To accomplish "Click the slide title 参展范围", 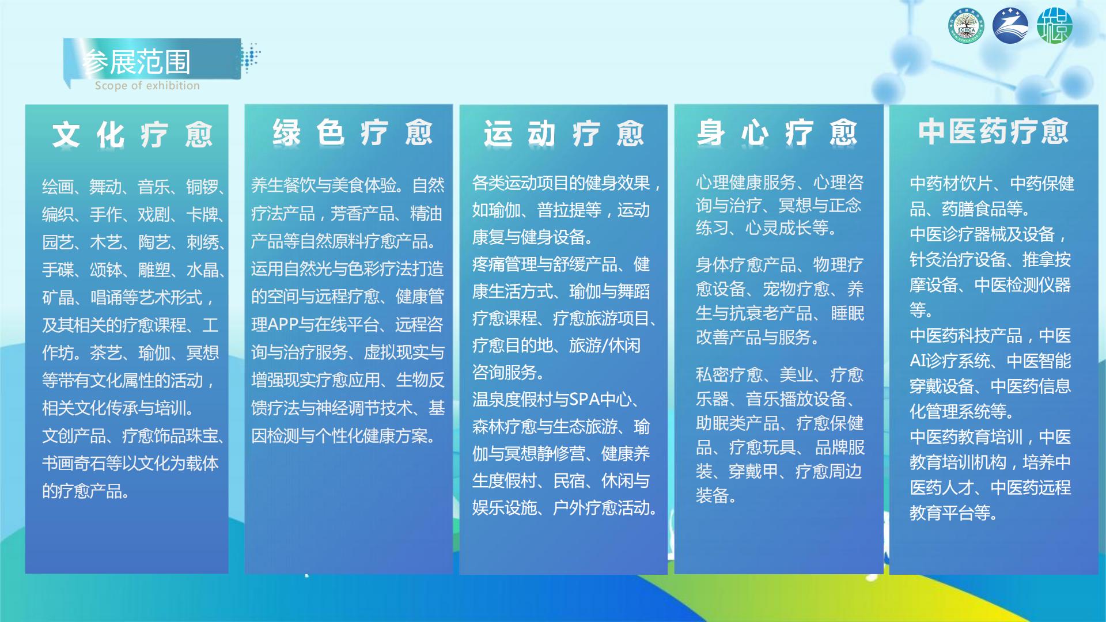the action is (x=136, y=62).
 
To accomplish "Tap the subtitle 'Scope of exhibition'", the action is (x=147, y=86).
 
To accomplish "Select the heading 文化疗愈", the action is (x=132, y=135).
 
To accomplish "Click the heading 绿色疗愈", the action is (x=352, y=132).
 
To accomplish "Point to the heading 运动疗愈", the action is (x=563, y=134).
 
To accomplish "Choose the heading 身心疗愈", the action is (x=777, y=133).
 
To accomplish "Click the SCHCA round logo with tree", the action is (x=966, y=26).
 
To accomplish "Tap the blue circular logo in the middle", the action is (x=1010, y=26).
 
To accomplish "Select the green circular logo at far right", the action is (x=1054, y=26).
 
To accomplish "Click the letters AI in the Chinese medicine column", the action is (x=918, y=361).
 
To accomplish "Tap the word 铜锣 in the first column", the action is (x=202, y=187).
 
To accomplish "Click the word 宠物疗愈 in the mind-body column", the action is (x=796, y=289).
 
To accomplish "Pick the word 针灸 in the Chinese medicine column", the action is (x=926, y=260).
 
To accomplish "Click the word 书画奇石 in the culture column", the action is (x=74, y=464).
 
